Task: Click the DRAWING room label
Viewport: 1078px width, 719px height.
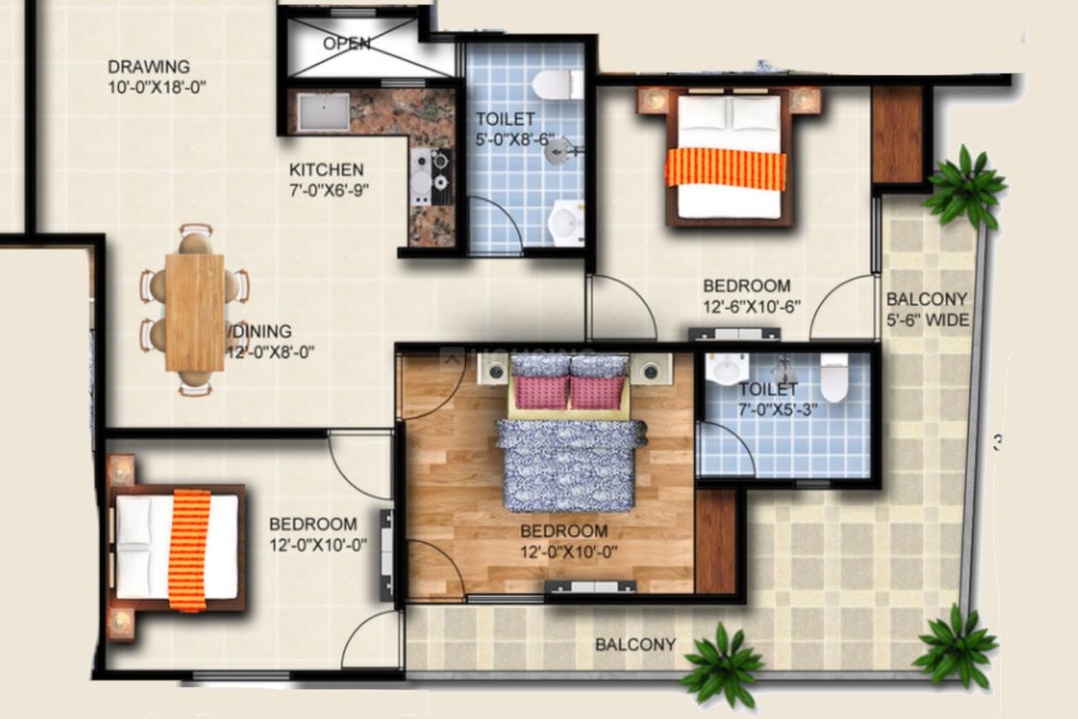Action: pos(149,67)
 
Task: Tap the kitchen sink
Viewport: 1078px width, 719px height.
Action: pos(323,112)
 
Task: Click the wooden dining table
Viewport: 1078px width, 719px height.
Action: pos(194,313)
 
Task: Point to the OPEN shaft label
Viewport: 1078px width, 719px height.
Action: pos(347,44)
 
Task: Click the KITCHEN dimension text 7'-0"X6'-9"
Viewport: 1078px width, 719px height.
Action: pos(329,190)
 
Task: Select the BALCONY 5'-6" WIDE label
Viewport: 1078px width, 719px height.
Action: pos(927,310)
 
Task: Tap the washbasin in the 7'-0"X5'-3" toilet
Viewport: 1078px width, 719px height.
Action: pos(728,369)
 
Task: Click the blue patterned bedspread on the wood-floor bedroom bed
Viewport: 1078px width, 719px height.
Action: pos(570,465)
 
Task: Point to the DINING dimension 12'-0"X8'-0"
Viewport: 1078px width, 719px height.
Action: pos(270,353)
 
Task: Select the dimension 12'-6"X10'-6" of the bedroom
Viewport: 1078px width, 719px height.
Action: pos(752,307)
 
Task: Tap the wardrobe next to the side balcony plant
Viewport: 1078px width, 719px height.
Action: pos(897,134)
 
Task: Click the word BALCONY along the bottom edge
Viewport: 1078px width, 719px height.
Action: pos(636,645)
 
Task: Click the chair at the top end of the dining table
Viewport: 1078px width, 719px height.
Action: pos(195,239)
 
